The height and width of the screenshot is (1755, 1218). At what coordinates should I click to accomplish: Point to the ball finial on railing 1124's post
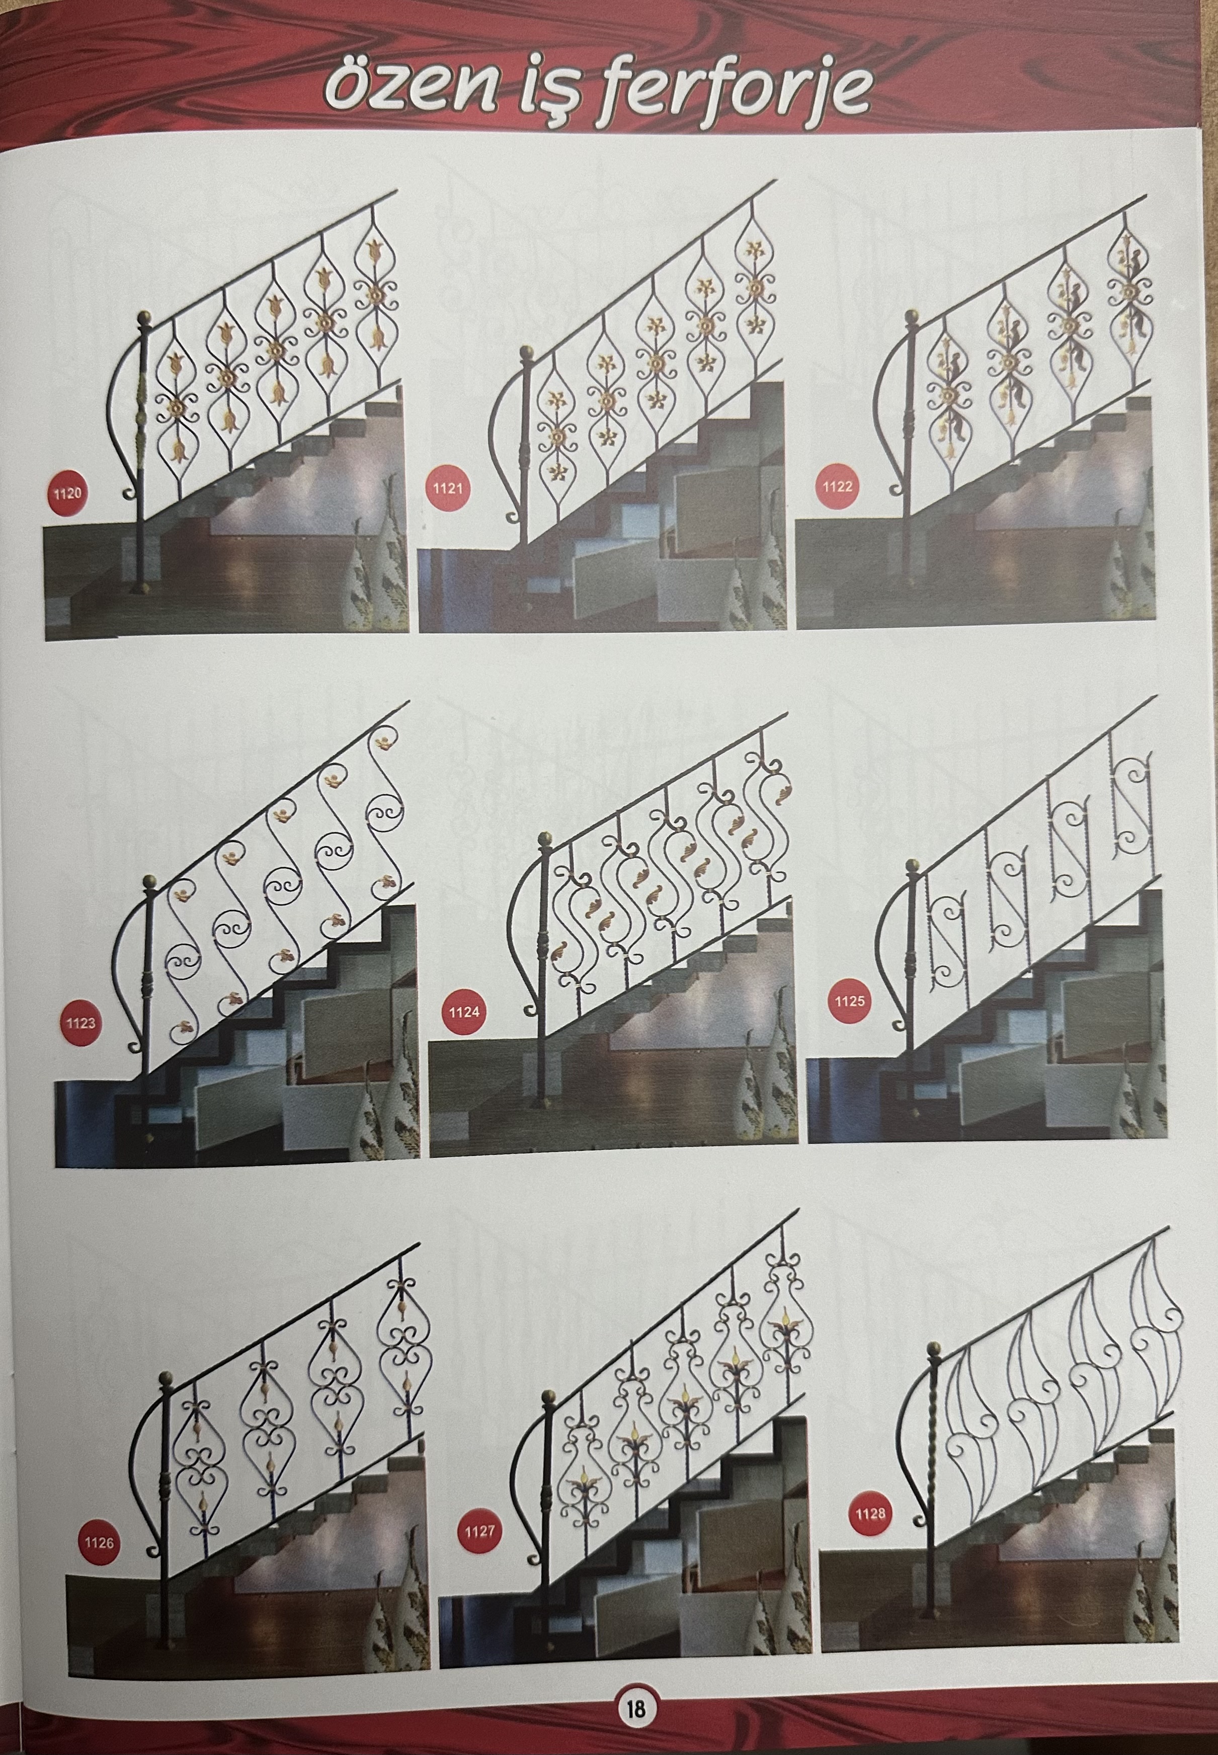tap(545, 840)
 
